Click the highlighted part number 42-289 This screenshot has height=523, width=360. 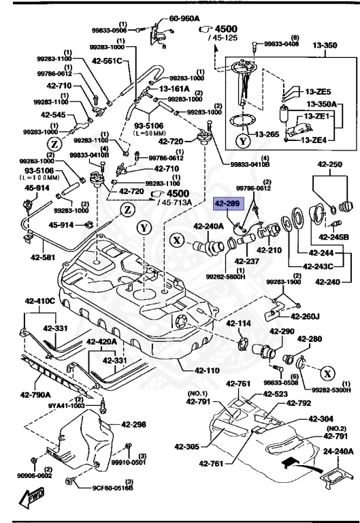pyautogui.click(x=228, y=203)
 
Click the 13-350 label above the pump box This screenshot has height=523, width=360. pyautogui.click(x=325, y=46)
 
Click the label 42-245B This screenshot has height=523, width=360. pyautogui.click(x=334, y=236)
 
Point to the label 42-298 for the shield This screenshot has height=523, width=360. pyautogui.click(x=134, y=424)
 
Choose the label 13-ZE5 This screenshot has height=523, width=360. pyautogui.click(x=318, y=92)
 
